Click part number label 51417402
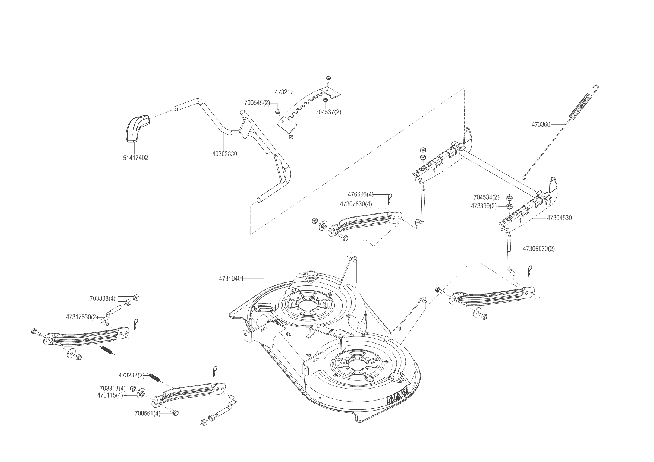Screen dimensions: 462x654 click(x=135, y=158)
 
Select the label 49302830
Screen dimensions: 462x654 click(x=224, y=154)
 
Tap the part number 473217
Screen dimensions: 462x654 click(x=284, y=92)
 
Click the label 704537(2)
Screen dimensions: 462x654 click(x=328, y=112)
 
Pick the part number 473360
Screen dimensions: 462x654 click(x=541, y=124)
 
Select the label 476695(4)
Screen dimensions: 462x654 click(x=361, y=194)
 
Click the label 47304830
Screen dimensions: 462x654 click(x=559, y=218)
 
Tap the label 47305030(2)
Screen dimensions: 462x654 click(x=539, y=249)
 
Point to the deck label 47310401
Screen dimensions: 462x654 click(x=232, y=278)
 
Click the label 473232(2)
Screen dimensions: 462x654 click(x=132, y=375)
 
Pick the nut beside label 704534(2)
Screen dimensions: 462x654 click(x=510, y=197)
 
